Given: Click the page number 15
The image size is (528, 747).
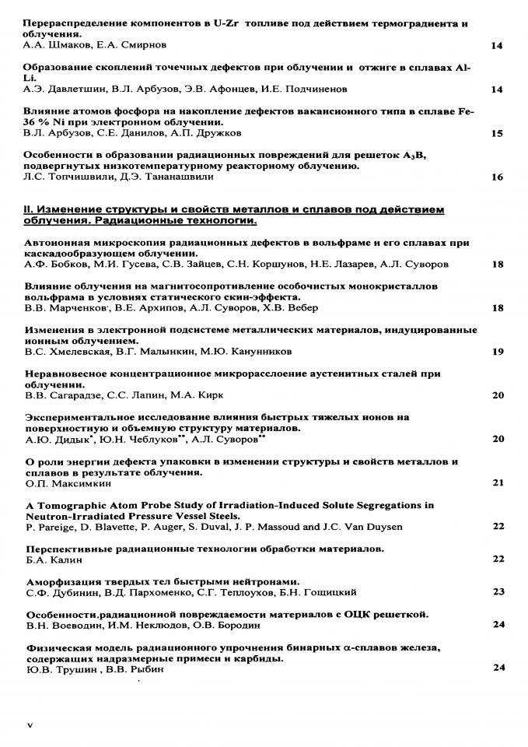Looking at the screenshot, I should (x=498, y=133).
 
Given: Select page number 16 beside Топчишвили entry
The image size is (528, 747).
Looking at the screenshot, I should (x=498, y=177).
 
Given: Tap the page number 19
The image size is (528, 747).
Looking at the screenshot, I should (x=498, y=352).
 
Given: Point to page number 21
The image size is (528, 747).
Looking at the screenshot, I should (x=498, y=482).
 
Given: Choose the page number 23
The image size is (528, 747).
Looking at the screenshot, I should (x=498, y=591).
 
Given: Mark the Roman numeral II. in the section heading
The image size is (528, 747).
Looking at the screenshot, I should (x=30, y=209).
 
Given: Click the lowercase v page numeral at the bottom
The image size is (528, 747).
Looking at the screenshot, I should (x=30, y=724).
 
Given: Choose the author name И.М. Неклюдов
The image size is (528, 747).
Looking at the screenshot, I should (x=141, y=624).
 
